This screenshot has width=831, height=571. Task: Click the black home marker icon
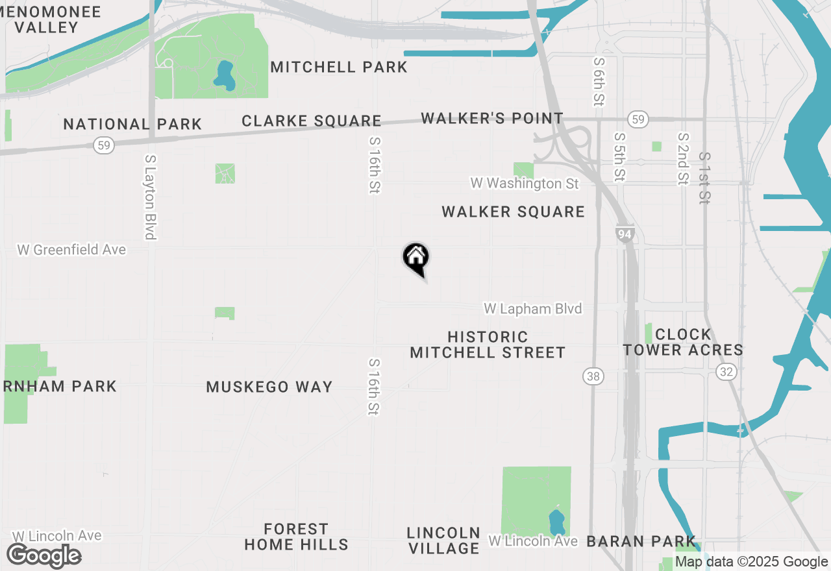click(x=416, y=258)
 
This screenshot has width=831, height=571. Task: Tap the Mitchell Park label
click(x=339, y=67)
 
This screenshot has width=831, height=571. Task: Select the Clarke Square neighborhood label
click(x=312, y=121)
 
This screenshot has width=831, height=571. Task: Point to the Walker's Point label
click(x=492, y=118)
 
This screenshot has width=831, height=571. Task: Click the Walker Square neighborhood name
click(x=513, y=212)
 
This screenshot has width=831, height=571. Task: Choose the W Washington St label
click(x=525, y=184)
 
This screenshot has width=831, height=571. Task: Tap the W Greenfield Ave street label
click(x=71, y=250)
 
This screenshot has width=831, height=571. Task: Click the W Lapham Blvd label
click(x=532, y=309)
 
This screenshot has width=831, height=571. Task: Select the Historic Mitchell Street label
click(x=488, y=345)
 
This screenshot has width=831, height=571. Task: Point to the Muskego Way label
click(x=269, y=387)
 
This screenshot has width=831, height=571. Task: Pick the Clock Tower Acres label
click(x=683, y=342)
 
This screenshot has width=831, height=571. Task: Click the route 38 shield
click(x=593, y=376)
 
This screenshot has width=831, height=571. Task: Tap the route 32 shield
click(x=726, y=371)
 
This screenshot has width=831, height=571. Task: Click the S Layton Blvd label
click(x=151, y=197)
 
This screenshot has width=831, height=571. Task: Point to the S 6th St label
click(x=599, y=81)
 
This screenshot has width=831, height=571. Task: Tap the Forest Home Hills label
click(x=296, y=537)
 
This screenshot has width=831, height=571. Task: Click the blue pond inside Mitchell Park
click(x=225, y=75)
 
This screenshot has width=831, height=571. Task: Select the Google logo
click(x=44, y=556)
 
